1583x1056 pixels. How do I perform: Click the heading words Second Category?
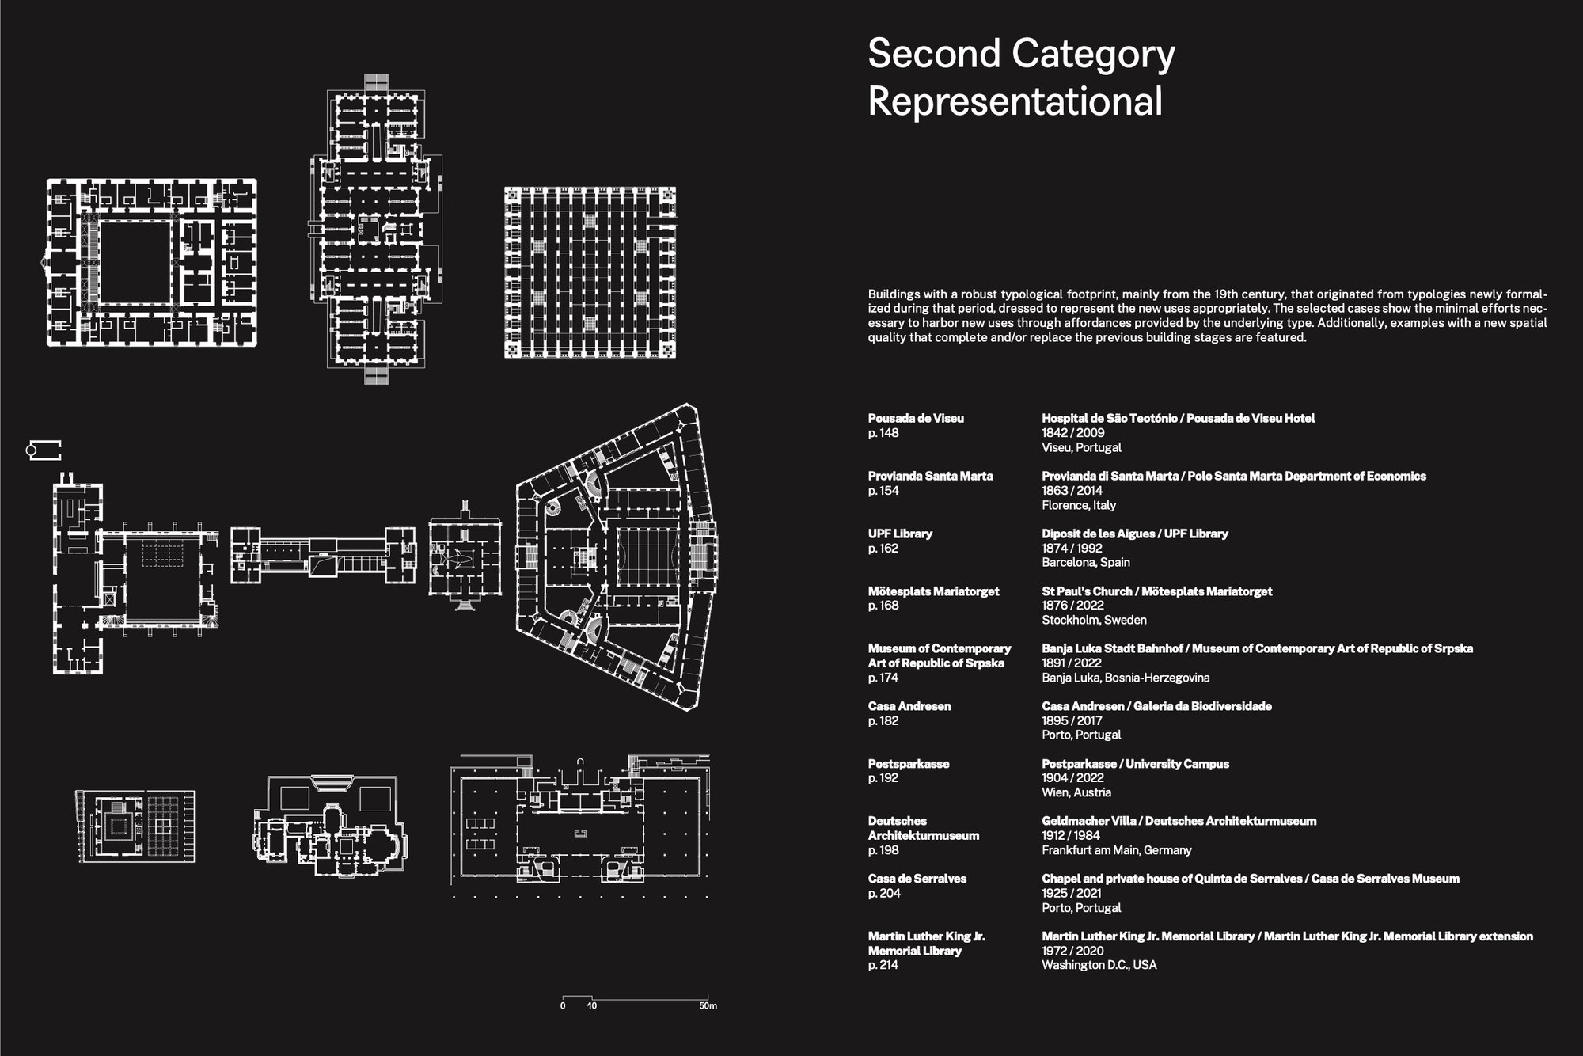point(1021,54)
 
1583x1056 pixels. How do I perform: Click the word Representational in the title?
point(1015,101)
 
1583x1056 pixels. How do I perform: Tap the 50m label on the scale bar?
point(708,1006)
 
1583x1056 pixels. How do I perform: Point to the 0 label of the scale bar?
point(563,1006)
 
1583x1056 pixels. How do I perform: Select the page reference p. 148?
point(883,433)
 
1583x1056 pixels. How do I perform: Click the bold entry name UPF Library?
point(900,534)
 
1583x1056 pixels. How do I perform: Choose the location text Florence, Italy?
point(1079,505)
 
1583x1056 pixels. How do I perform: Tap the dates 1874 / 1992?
point(1072,548)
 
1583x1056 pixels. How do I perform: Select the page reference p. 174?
point(883,678)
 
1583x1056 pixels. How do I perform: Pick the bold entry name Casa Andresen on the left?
point(909,706)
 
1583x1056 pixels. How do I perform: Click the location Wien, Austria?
point(1076,792)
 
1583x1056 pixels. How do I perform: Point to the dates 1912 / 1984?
point(1071,835)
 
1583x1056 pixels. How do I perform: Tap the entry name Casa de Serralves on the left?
point(917,879)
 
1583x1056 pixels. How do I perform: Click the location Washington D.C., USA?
point(1099,965)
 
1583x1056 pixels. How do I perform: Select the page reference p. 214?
point(883,965)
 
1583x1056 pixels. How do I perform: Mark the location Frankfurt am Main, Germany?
point(1116,850)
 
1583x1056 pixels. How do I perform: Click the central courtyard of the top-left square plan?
point(135,262)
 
